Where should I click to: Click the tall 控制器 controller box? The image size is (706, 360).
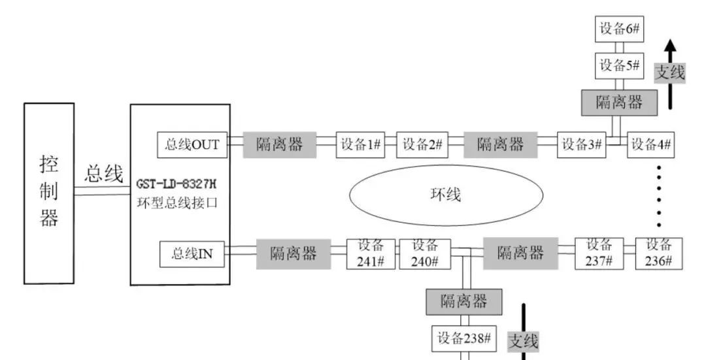[48, 193]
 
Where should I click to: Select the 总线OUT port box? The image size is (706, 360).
[192, 144]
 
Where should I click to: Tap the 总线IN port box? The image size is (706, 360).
[192, 254]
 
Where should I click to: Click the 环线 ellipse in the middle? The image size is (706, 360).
[446, 195]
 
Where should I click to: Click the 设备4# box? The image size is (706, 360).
[651, 145]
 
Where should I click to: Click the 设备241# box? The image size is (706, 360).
[371, 253]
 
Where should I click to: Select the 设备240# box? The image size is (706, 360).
[425, 253]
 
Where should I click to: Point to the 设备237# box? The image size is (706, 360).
[599, 253]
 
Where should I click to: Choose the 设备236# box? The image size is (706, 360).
[659, 253]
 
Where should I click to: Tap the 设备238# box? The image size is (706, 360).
[464, 338]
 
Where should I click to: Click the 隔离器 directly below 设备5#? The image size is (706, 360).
[619, 103]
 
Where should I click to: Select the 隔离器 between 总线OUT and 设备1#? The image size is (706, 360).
[279, 145]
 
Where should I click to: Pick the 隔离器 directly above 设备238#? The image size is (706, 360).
[464, 301]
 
